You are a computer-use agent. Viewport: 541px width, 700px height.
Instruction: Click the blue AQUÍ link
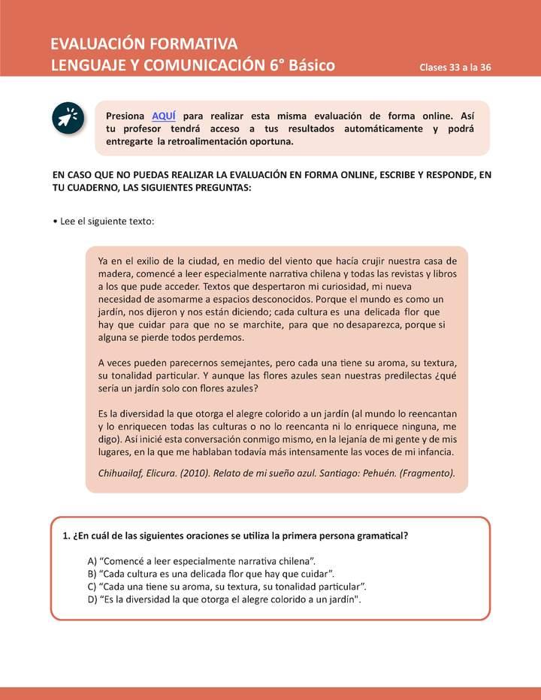163,116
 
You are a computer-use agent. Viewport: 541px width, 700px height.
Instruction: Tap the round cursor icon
68,119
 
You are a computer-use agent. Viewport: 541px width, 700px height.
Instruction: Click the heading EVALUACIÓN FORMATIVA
144,43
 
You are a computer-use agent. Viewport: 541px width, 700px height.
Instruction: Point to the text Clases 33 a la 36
455,67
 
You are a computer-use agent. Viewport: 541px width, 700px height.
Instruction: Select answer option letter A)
92,561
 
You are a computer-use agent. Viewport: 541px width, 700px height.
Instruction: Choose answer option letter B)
92,574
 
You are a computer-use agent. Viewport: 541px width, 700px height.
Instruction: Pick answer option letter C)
92,587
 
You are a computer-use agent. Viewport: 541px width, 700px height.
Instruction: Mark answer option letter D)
92,599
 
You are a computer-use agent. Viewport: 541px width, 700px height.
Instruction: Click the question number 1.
65,536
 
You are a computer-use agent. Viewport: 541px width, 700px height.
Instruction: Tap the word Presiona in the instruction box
125,116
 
